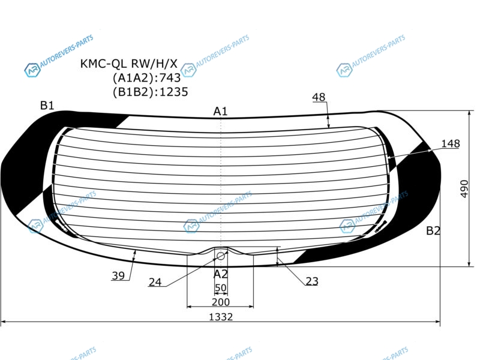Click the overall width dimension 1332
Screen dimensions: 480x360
221,317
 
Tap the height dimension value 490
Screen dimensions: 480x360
464,189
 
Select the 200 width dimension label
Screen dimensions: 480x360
220,302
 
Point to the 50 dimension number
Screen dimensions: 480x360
220,288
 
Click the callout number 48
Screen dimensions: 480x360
319,97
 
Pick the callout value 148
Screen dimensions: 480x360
451,143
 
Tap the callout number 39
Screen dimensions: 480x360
118,276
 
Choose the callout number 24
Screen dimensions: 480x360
155,281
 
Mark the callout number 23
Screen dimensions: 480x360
312,281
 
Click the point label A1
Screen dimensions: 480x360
220,111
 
